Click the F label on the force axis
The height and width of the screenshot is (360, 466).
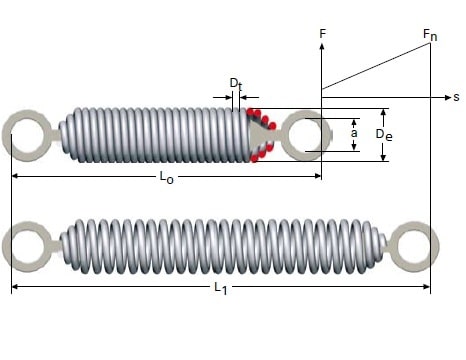[322, 34]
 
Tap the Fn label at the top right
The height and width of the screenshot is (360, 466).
[429, 35]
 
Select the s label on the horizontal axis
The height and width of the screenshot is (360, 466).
[455, 97]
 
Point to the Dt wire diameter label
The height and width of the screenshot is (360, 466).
[234, 82]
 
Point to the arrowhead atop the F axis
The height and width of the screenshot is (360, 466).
[322, 46]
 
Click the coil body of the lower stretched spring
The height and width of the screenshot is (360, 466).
[220, 246]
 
